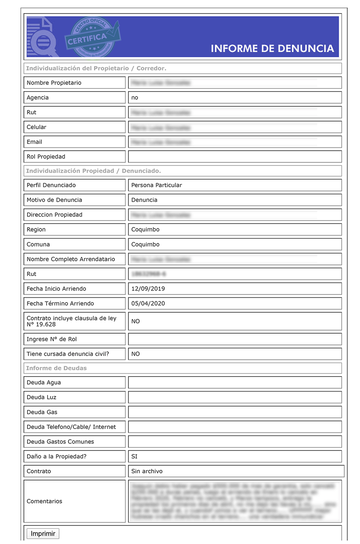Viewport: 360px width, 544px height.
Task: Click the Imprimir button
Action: [43, 534]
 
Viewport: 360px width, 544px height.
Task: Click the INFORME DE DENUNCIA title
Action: [272, 49]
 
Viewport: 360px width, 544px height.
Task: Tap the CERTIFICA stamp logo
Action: [92, 37]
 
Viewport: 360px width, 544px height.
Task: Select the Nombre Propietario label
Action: [54, 83]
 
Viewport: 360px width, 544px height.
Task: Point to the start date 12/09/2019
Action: [148, 289]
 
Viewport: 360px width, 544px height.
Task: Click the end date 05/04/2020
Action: [148, 303]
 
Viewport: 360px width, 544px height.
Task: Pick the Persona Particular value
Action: [156, 185]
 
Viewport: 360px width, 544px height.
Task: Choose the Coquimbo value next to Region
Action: [145, 229]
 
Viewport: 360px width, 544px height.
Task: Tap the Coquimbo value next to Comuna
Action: [145, 244]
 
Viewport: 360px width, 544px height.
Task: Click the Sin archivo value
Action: [147, 471]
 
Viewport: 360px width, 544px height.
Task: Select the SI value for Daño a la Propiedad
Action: [134, 456]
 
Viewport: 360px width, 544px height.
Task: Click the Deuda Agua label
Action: [44, 383]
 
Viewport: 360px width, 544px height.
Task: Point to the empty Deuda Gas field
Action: [235, 412]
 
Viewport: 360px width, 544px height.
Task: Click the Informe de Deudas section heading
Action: [56, 368]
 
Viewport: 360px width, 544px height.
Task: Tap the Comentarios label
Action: [44, 501]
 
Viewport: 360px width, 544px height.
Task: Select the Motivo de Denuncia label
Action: [54, 200]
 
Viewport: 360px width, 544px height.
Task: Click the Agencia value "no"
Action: [135, 98]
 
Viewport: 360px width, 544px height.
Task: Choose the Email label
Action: [34, 142]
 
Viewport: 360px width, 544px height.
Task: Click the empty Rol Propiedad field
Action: [235, 157]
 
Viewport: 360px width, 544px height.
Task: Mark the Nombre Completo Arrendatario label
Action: [71, 259]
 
